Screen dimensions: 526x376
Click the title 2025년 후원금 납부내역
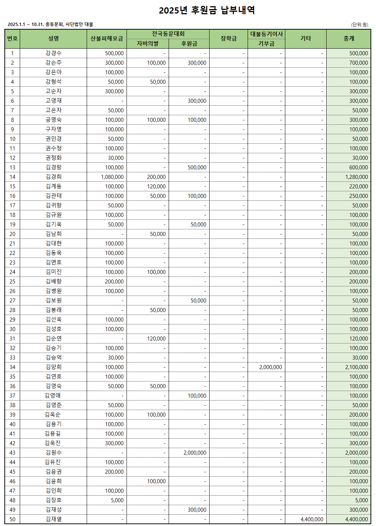[x=207, y=10]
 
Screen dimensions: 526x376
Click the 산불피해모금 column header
[x=107, y=39]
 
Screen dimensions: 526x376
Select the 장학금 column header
[x=229, y=39]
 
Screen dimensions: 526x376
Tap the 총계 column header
[x=349, y=39]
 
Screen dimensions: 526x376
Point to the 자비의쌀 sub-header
[x=148, y=44]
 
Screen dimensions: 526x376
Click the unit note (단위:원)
[x=360, y=25]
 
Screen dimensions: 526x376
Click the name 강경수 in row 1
[x=53, y=53]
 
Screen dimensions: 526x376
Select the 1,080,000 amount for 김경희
[x=112, y=177]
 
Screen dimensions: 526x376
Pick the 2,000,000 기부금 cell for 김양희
[x=271, y=367]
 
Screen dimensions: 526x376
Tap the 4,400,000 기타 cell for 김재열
[x=312, y=519]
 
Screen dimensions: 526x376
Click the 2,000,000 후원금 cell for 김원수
[x=195, y=453]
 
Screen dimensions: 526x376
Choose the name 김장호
[x=53, y=500]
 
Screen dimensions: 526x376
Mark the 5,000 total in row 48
[x=361, y=500]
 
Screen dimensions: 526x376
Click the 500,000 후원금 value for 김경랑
[x=197, y=168]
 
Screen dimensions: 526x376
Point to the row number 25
[x=12, y=282]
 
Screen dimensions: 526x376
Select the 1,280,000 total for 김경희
[x=357, y=177]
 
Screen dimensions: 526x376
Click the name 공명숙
[x=53, y=120]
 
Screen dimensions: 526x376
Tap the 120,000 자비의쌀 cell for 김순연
[x=156, y=339]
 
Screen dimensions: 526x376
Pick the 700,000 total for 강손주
[x=358, y=63]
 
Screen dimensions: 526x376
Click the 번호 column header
[x=12, y=39]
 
